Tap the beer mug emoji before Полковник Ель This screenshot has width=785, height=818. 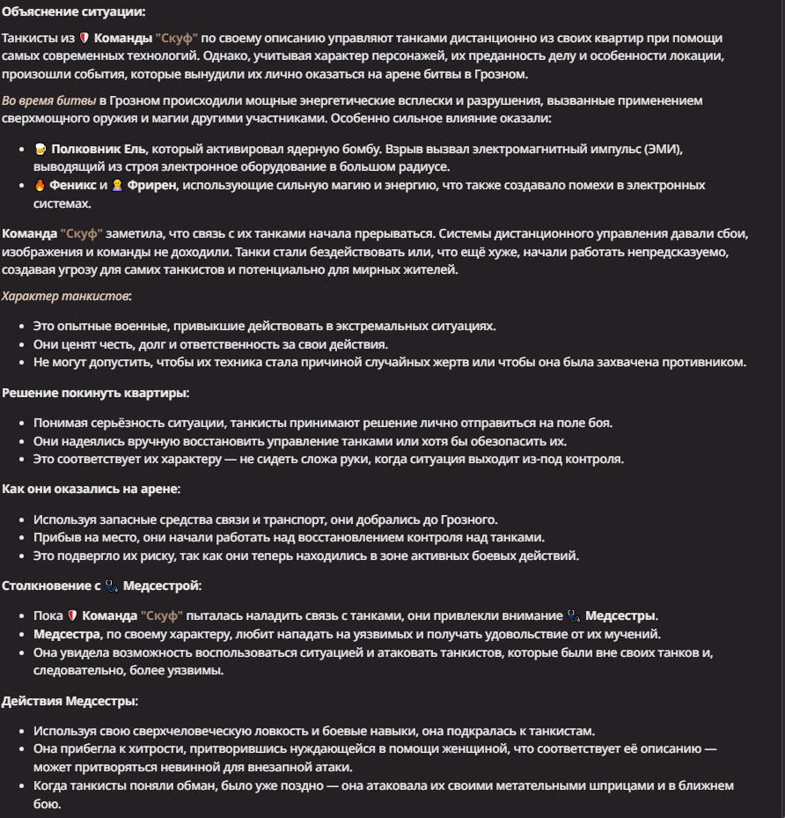coord(39,149)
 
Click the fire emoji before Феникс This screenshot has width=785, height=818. coord(39,186)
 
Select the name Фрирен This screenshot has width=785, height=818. coord(152,186)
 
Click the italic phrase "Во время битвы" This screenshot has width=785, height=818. coord(48,100)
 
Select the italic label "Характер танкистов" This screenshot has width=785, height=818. coord(65,296)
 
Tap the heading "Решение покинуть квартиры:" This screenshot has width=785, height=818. coord(95,393)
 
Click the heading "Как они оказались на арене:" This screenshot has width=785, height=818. coord(91,488)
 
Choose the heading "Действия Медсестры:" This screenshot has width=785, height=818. coord(69,701)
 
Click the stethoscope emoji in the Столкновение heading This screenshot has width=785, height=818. coord(111,586)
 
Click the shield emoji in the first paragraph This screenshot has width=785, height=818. coord(84,39)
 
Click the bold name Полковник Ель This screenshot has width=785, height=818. coord(99,149)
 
